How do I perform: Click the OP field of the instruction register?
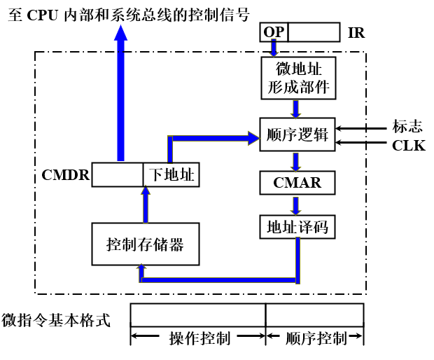[x=274, y=32]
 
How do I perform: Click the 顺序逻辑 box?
[x=297, y=135]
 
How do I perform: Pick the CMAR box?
[x=297, y=183]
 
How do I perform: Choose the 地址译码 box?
[x=297, y=227]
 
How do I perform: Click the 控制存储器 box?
[x=146, y=244]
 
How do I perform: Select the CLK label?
[x=408, y=146]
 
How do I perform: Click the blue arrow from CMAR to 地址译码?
[x=297, y=205]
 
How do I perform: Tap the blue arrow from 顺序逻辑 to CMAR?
[x=297, y=161]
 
